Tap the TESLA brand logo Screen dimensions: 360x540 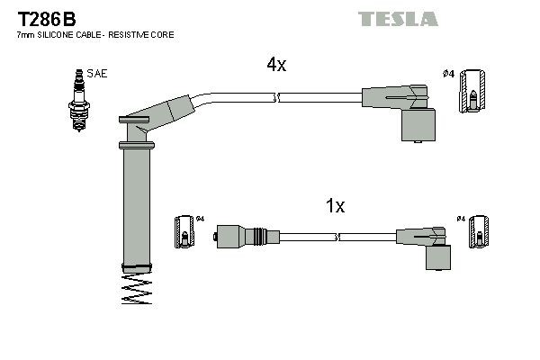pos(398,19)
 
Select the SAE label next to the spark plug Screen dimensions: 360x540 pos(96,74)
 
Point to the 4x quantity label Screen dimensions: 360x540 pos(276,65)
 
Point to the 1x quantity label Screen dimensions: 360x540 pos(335,206)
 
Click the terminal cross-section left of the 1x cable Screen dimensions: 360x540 pos(184,234)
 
